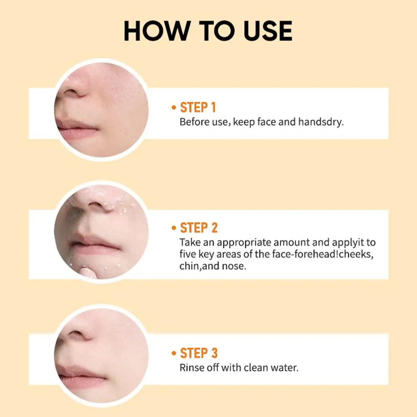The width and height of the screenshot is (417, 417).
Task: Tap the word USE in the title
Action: click(x=268, y=31)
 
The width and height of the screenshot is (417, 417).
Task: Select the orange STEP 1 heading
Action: click(x=198, y=108)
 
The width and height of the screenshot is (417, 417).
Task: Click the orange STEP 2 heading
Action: click(x=198, y=228)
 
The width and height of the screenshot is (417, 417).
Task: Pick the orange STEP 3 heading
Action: click(x=198, y=353)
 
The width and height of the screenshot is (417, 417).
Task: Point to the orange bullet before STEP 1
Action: click(x=174, y=108)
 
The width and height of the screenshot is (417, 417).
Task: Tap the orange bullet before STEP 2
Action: click(x=174, y=228)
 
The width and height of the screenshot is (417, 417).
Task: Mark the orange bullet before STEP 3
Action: click(x=174, y=354)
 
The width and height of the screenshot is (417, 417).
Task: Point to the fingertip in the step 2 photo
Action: click(x=87, y=273)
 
